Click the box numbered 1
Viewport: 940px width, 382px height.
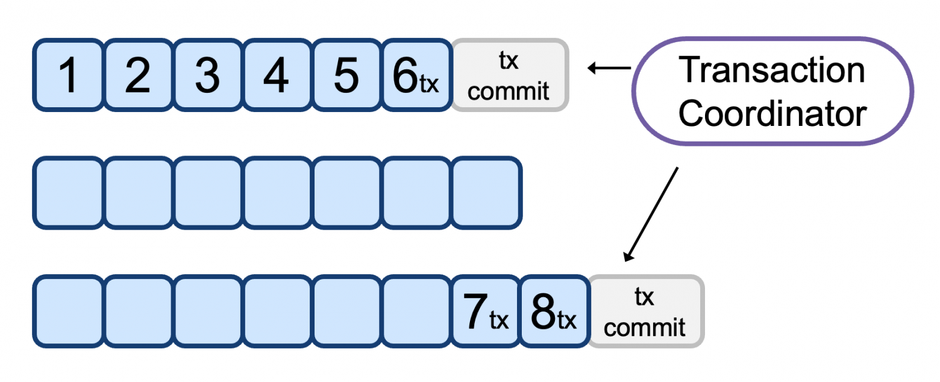click(69, 75)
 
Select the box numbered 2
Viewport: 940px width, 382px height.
click(138, 75)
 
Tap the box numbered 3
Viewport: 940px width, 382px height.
click(208, 75)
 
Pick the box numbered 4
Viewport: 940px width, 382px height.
click(277, 75)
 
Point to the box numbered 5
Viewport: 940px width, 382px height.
click(347, 75)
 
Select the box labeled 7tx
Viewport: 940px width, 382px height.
click(486, 312)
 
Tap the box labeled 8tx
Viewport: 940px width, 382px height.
click(554, 312)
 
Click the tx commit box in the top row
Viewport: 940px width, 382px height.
click(510, 75)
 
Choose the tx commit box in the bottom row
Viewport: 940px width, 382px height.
click(645, 312)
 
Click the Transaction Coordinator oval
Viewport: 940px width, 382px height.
click(772, 92)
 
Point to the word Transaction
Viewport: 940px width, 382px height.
click(772, 70)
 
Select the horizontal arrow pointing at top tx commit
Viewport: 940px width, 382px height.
click(609, 68)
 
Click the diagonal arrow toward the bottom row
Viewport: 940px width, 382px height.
click(652, 214)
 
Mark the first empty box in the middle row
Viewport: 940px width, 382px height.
click(69, 193)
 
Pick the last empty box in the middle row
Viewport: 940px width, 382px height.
click(486, 193)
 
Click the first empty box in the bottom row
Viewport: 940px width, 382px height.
click(69, 312)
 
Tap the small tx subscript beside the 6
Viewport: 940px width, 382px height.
click(429, 84)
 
